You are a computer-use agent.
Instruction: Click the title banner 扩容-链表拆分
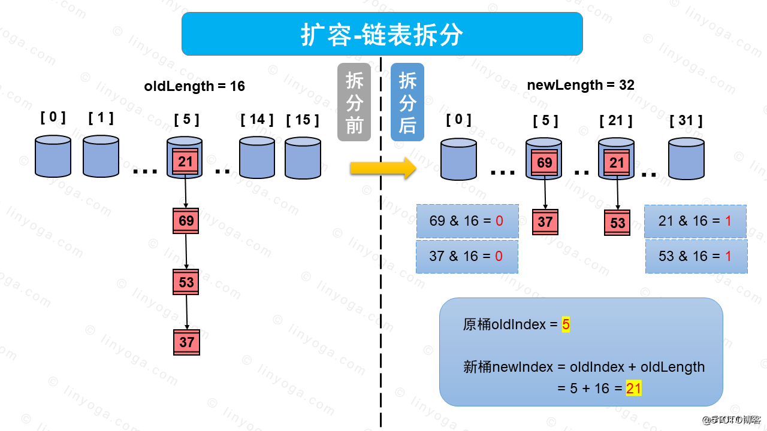pos(382,34)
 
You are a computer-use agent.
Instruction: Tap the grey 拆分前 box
pos(354,102)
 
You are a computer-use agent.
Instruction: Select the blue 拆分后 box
pos(407,102)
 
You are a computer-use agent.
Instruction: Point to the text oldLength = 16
pos(195,86)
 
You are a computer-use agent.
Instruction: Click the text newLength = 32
pos(581,85)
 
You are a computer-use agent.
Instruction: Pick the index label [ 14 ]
pos(256,120)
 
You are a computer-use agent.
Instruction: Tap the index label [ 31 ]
pos(686,121)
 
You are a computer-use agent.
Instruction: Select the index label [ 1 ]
pos(101,118)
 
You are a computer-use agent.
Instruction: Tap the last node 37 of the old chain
pos(186,342)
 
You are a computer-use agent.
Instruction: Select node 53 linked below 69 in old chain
pos(186,282)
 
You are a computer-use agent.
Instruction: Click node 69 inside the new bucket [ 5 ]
pos(545,163)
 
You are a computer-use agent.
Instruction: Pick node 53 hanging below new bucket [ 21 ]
pos(617,223)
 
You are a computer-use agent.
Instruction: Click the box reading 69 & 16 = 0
pos(466,221)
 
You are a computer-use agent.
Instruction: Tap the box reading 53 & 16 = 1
pos(696,256)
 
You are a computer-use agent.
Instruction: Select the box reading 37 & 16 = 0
pos(466,256)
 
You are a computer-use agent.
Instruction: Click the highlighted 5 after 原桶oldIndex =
pos(566,325)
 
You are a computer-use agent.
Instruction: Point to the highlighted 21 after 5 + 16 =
pos(633,388)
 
